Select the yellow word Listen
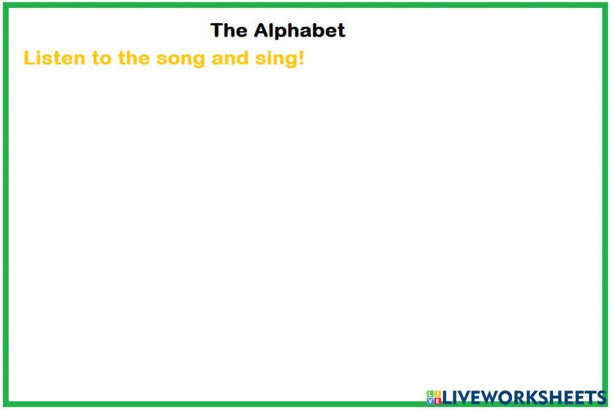point(54,59)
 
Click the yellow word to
point(101,59)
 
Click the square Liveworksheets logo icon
point(433,397)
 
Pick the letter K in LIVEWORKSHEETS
point(530,397)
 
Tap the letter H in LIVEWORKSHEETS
point(555,397)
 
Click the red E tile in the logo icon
point(437,401)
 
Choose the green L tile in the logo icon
point(430,394)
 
